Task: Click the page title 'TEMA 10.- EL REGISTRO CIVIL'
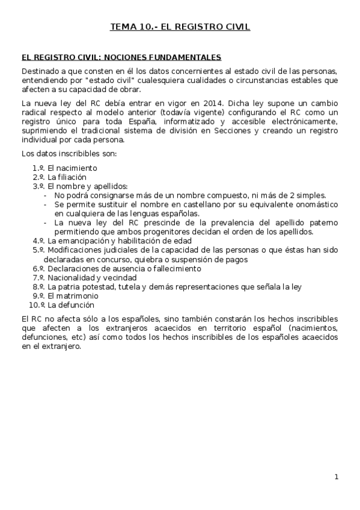coord(180,27)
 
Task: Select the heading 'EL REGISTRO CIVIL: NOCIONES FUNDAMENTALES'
coord(121,58)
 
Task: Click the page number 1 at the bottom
coord(337,477)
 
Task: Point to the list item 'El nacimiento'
coord(72,168)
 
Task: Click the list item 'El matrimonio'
coord(72,296)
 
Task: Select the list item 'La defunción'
coord(70,305)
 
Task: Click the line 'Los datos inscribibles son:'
coord(69,154)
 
